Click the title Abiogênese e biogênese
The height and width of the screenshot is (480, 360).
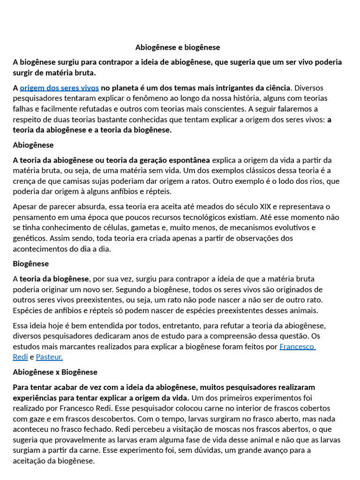click(x=178, y=47)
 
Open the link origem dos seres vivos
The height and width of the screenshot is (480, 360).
click(x=59, y=88)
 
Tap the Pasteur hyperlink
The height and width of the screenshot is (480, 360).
click(x=49, y=357)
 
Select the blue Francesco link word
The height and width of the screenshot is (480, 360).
click(x=297, y=346)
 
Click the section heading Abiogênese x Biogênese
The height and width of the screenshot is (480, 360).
click(x=55, y=372)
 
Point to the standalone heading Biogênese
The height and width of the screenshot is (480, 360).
click(x=30, y=263)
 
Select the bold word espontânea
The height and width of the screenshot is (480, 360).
click(x=185, y=160)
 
